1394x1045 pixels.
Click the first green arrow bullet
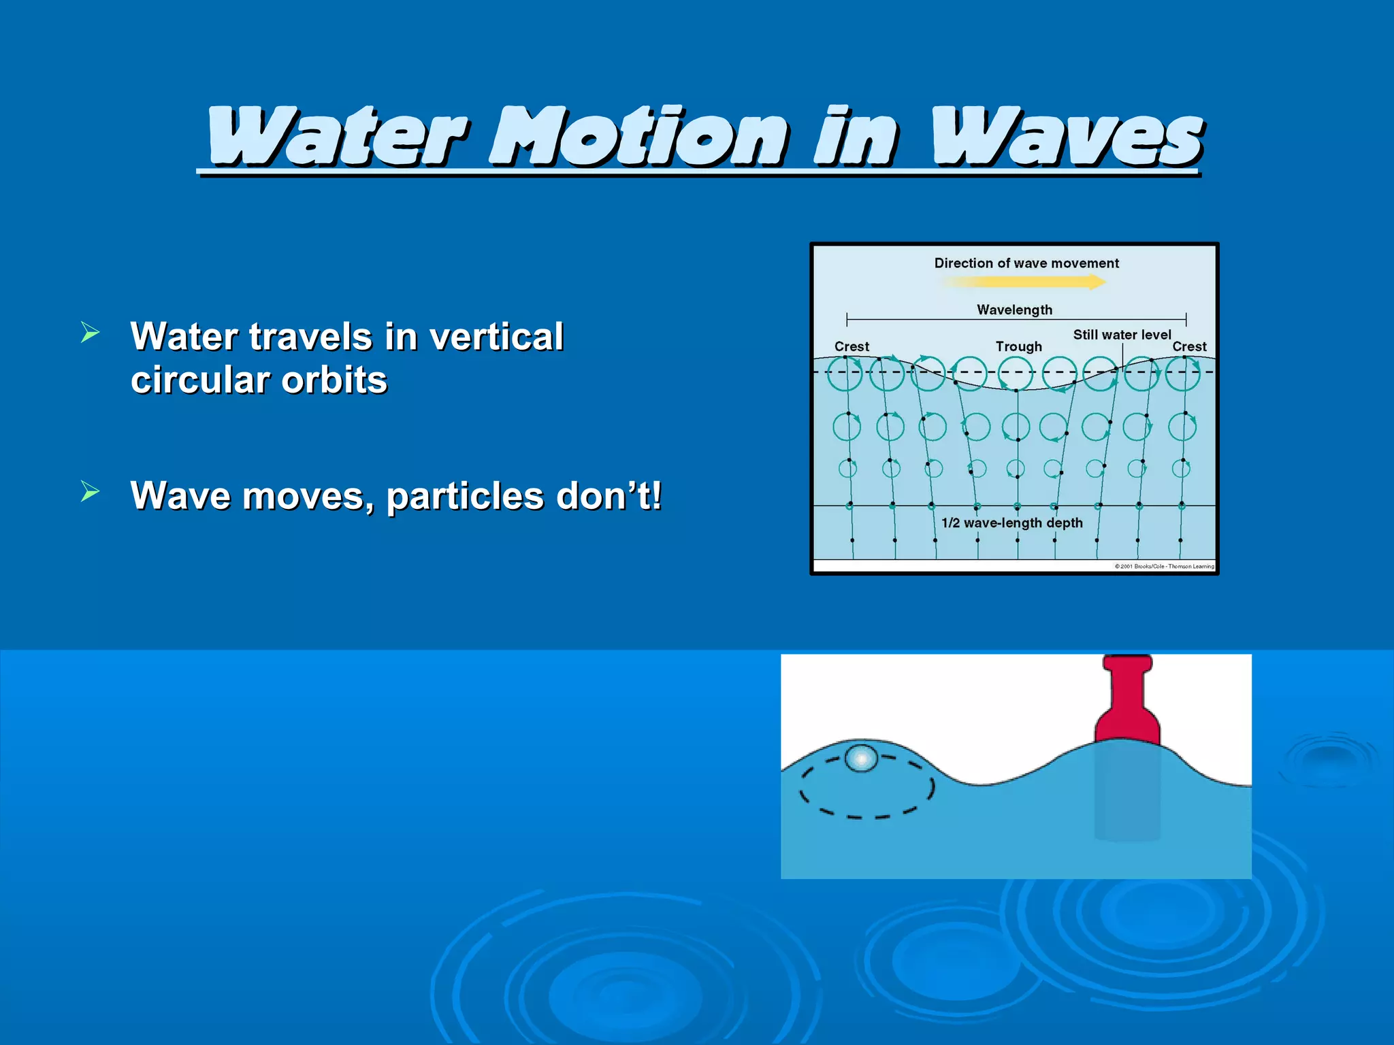pos(90,333)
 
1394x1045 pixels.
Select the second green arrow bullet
pos(90,491)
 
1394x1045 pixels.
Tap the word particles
pos(464,496)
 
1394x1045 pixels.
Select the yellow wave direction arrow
pos(1024,282)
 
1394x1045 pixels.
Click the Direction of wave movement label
pos(1026,263)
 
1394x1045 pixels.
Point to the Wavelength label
pos(1014,310)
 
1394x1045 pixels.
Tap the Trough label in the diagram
pos(1018,346)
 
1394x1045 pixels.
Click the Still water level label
pos(1122,335)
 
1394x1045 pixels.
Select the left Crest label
pos(852,346)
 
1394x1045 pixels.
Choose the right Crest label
pos(1189,346)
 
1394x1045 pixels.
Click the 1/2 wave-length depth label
pos(1011,522)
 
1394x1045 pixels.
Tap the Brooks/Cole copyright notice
pos(1164,566)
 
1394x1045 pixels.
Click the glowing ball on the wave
pos(861,758)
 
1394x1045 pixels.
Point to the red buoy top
pos(1127,701)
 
